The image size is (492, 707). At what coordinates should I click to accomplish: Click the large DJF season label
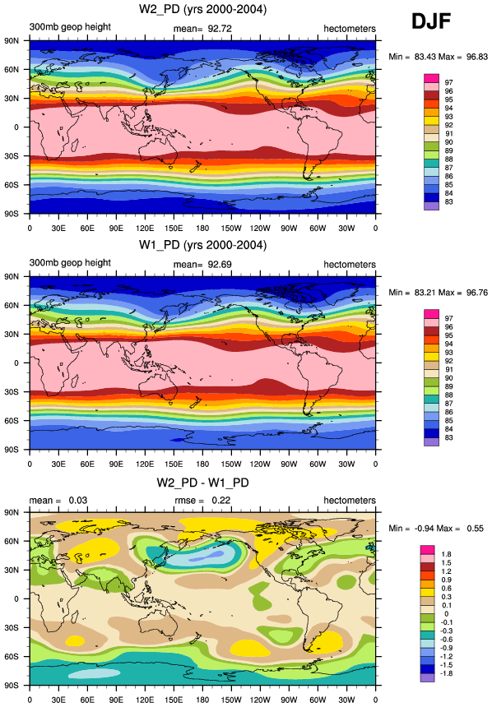(431, 21)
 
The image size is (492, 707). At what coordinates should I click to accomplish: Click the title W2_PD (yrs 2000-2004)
(202, 9)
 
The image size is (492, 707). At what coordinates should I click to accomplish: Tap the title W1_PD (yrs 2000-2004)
(202, 245)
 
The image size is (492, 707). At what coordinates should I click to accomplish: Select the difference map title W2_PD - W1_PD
(202, 483)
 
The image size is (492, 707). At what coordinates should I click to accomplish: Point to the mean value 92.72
(220, 29)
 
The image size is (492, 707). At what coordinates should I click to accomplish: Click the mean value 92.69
(220, 264)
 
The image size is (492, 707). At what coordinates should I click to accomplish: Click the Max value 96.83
(477, 57)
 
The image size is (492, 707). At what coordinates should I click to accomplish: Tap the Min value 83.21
(425, 292)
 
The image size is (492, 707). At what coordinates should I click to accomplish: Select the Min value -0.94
(425, 528)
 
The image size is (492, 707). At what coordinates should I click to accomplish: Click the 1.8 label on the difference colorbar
(447, 554)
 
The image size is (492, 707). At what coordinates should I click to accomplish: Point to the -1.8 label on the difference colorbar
(445, 673)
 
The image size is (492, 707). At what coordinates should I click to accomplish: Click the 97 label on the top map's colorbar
(448, 82)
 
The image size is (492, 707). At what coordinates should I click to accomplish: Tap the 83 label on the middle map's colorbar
(448, 437)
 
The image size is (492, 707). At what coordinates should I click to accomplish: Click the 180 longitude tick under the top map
(202, 229)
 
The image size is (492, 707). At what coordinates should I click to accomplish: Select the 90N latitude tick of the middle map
(12, 276)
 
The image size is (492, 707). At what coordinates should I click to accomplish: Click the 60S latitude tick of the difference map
(12, 657)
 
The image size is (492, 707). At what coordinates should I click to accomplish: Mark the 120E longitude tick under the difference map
(145, 700)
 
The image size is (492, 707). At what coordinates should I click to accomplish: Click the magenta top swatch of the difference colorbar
(428, 550)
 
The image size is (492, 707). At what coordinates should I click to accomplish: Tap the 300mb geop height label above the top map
(70, 26)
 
